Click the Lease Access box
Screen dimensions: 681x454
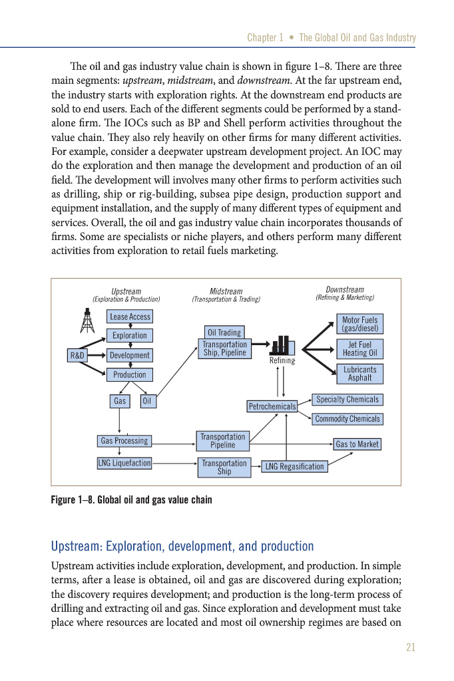[130, 317]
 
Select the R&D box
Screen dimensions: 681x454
[77, 356]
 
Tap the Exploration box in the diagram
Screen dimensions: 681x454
[130, 336]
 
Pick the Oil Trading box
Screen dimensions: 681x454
[224, 333]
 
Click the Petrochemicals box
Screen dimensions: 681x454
[272, 406]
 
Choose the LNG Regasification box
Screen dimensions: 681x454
[295, 467]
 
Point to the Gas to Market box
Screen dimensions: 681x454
[357, 444]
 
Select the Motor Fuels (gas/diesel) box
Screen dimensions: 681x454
[359, 325]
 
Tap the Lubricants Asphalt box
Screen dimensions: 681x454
[359, 374]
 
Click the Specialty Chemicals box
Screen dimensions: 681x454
[347, 400]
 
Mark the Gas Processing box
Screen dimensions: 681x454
[124, 441]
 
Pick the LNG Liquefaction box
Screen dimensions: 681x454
[124, 463]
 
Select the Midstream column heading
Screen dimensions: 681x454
[226, 291]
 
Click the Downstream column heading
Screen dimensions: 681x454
[345, 290]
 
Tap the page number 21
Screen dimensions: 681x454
[410, 648]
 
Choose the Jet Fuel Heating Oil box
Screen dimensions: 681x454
[359, 349]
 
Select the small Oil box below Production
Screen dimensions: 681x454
[148, 401]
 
